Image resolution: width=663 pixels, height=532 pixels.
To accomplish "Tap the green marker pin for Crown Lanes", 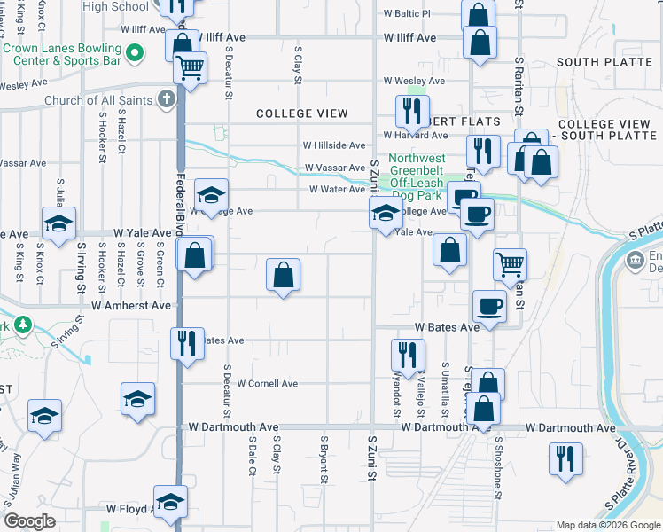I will tap(135, 54).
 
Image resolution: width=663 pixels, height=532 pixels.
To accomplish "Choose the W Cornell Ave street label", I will tap(266, 384).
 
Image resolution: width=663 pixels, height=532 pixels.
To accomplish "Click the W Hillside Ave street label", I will tap(334, 145).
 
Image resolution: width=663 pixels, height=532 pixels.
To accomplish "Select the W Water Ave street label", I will tap(337, 189).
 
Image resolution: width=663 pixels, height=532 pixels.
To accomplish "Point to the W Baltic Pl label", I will tap(406, 14).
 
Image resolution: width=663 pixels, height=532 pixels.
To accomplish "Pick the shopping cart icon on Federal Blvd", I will tap(190, 66).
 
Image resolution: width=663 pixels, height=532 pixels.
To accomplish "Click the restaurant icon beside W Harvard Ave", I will tap(410, 110).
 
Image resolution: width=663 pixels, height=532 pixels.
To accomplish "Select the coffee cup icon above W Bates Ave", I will tap(489, 306).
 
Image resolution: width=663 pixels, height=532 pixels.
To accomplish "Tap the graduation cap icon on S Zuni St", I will tap(386, 213).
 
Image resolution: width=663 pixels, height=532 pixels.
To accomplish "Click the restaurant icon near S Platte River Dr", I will tap(565, 458).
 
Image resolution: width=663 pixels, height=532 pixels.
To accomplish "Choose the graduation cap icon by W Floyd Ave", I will tap(170, 502).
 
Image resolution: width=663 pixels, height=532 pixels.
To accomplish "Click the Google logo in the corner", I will tap(29, 522).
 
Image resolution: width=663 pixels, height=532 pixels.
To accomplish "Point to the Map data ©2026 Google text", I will tap(607, 525).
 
